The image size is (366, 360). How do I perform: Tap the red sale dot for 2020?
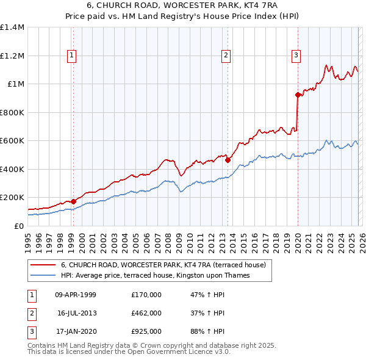(298, 95)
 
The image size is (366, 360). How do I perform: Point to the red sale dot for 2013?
(228, 160)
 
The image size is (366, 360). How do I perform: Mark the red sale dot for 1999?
(73, 201)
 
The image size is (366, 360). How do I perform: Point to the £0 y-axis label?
(18, 226)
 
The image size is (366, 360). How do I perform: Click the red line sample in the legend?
(43, 265)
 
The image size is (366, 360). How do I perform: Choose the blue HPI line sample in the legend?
(43, 275)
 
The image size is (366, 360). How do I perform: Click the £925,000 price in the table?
(146, 331)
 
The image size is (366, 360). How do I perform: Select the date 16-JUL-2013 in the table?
(76, 313)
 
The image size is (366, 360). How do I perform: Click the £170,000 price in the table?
(146, 295)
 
